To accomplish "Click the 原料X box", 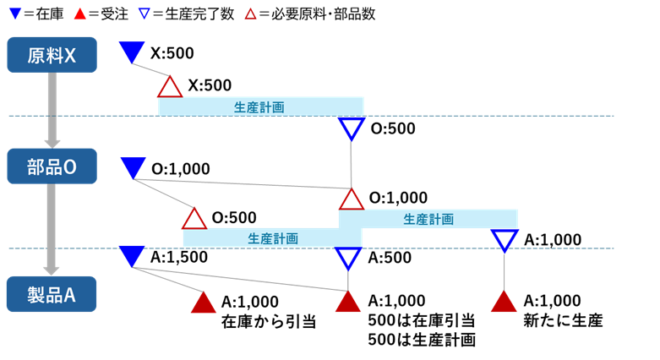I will click(52, 55).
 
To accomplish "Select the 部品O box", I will click(52, 166).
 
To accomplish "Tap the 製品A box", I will click(52, 294).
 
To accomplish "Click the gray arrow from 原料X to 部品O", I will click(52, 110).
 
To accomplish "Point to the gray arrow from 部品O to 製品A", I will click(52, 229).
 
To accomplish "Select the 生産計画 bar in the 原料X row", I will click(260, 106).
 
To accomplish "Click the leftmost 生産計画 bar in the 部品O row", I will click(272, 237).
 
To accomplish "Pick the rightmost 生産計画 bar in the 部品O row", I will click(428, 219).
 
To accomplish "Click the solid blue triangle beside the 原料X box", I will click(132, 52).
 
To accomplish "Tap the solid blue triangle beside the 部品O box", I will click(133, 166).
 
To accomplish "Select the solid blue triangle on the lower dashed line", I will click(132, 254).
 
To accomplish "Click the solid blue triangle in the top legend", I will click(15, 14).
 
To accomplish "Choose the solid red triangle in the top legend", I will click(80, 14).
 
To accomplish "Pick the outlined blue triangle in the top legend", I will click(144, 14).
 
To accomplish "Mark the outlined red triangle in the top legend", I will click(250, 14).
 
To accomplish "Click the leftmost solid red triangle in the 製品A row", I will click(203, 303).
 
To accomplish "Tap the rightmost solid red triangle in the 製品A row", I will click(504, 303).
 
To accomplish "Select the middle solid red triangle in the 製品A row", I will click(347, 303).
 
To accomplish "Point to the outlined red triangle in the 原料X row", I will click(170, 87).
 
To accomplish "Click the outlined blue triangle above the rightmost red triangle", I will click(505, 240).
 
